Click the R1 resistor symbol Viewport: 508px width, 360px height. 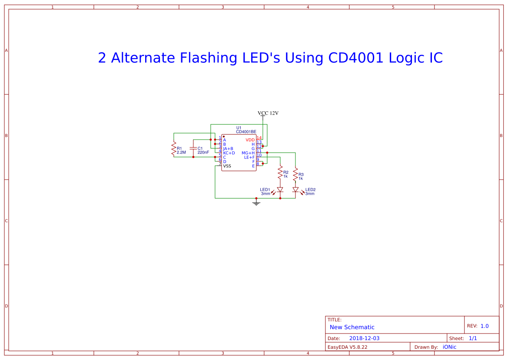pos(173,149)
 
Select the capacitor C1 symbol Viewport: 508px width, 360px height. pos(193,149)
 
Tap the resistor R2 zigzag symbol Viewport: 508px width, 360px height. pos(280,174)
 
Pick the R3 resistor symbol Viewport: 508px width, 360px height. pos(296,176)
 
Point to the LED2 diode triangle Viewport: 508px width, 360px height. pos(296,190)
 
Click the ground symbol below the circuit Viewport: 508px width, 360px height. pos(256,202)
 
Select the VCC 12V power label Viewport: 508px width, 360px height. pos(268,113)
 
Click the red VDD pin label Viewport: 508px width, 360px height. pos(250,140)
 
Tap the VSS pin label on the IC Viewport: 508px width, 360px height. pos(227,166)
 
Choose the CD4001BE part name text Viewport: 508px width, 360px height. pos(246,131)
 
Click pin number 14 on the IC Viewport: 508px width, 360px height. pos(259,138)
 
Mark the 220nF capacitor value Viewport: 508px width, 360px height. pos(203,153)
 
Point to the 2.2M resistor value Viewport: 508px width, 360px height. pos(181,153)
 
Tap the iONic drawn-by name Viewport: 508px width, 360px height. pos(449,347)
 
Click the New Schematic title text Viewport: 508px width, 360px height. pos(352,327)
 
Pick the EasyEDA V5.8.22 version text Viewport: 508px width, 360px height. pos(347,347)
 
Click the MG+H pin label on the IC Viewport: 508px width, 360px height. pos(248,153)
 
